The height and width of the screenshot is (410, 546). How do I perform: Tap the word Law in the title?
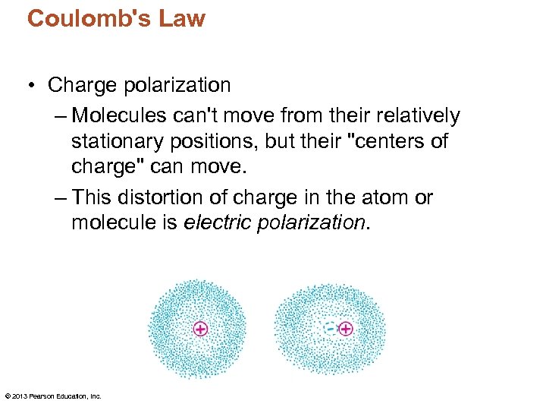pos(182,18)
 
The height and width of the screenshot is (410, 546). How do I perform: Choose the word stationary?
pos(121,141)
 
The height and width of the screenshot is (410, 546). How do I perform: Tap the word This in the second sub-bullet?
pos(89,198)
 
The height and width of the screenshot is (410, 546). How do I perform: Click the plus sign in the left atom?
pos(200,329)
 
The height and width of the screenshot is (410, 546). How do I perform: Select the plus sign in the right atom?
pos(346,329)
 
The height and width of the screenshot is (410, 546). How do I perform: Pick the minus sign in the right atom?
pos(329,329)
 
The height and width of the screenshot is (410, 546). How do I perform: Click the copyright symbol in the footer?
pos(7,396)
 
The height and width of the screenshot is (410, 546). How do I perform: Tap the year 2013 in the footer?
pos(18,396)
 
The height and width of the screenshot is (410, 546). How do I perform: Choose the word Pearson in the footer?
pos(40,396)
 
